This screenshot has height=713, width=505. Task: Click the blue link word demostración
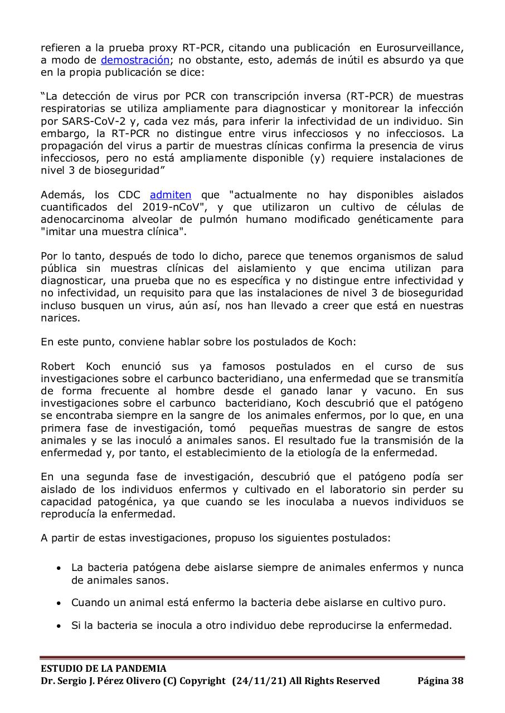pyautogui.click(x=135, y=60)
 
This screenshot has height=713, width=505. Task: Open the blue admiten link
pyautogui.click(x=171, y=195)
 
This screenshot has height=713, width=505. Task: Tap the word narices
pyautogui.click(x=60, y=318)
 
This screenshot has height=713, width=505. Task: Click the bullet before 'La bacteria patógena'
pyautogui.click(x=59, y=569)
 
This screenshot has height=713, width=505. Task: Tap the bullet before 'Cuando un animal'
pyautogui.click(x=59, y=603)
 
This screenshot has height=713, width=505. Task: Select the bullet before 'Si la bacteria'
pyautogui.click(x=59, y=626)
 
